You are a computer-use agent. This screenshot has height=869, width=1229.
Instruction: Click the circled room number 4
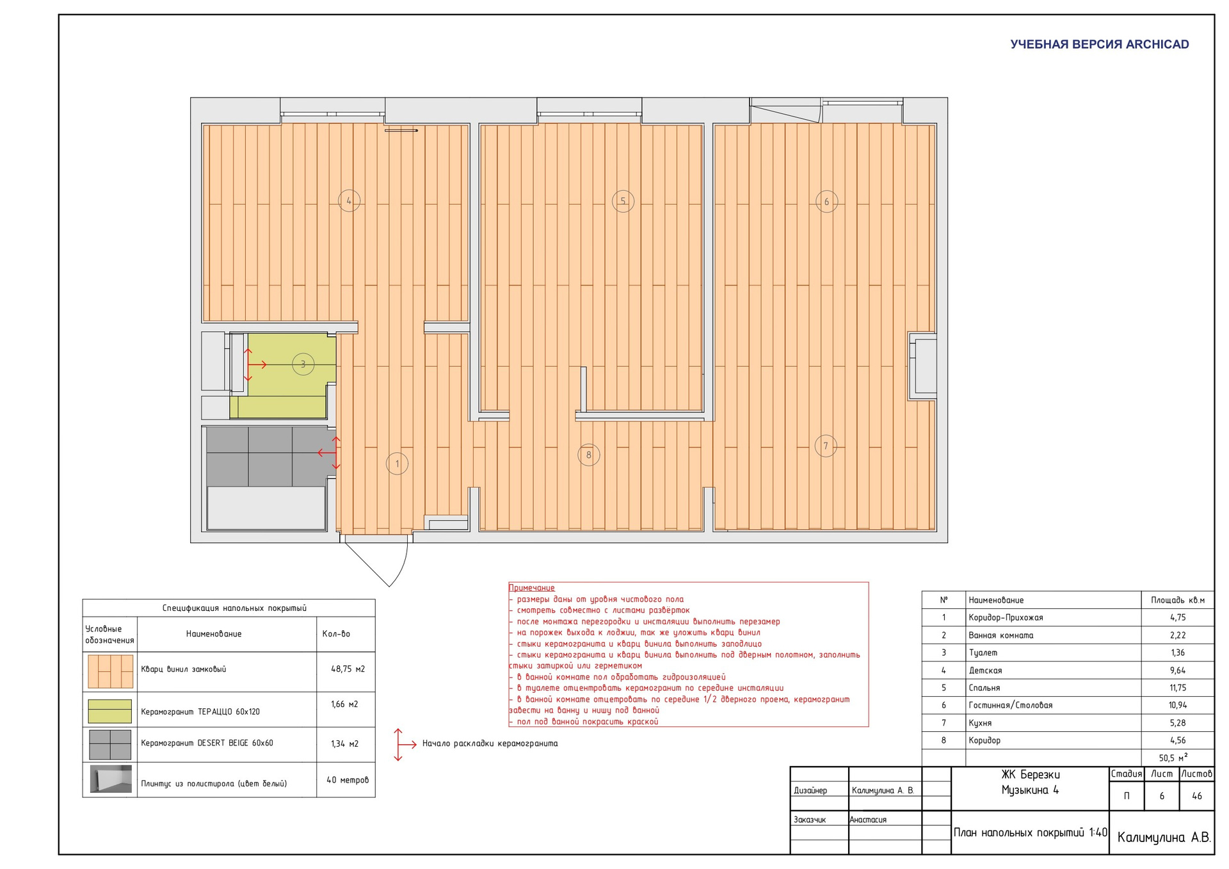pyautogui.click(x=349, y=200)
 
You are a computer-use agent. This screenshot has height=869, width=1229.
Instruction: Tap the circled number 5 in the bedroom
pyautogui.click(x=623, y=200)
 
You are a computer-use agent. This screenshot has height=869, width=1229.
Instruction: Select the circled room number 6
pyautogui.click(x=826, y=201)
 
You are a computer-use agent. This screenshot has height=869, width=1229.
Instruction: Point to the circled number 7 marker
pyautogui.click(x=826, y=446)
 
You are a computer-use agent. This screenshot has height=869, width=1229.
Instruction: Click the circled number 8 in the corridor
pyautogui.click(x=589, y=455)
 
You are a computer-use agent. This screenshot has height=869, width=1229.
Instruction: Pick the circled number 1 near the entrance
pyautogui.click(x=398, y=464)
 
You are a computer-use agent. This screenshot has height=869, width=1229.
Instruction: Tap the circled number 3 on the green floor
pyautogui.click(x=303, y=364)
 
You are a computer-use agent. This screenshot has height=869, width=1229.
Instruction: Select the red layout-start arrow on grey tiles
pyautogui.click(x=330, y=453)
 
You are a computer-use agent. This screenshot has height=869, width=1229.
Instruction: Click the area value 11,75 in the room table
pyautogui.click(x=1178, y=688)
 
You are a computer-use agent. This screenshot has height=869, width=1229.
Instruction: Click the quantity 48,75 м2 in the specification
pyautogui.click(x=348, y=669)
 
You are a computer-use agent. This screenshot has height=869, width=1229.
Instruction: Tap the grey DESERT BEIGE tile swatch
pyautogui.click(x=110, y=744)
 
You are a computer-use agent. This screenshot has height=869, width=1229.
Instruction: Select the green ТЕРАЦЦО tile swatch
pyautogui.click(x=110, y=711)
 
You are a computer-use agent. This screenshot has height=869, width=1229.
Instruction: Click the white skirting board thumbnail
pyautogui.click(x=111, y=779)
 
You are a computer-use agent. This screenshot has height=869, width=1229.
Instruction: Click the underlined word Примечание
pyautogui.click(x=531, y=588)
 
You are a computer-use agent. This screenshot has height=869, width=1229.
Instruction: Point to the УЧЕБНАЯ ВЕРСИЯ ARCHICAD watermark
pyautogui.click(x=1100, y=44)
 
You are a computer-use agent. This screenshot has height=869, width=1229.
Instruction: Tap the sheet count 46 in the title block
pyautogui.click(x=1197, y=796)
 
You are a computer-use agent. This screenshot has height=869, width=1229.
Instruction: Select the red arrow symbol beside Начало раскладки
pyautogui.click(x=401, y=744)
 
